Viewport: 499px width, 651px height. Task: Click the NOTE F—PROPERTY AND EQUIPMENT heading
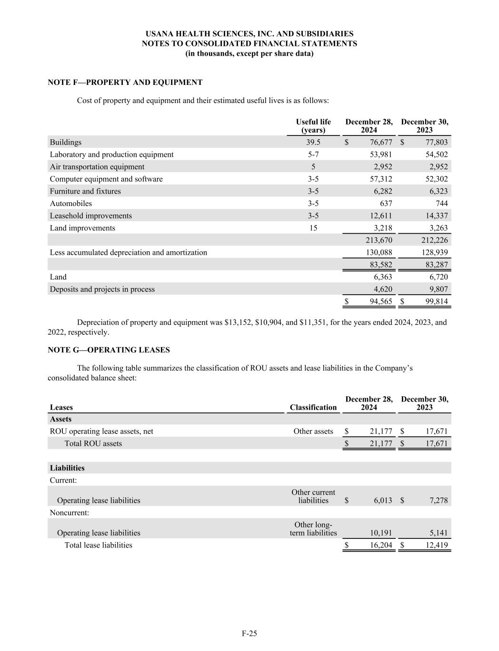[x=125, y=83]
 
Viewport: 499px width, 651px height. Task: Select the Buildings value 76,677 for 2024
[x=381, y=142]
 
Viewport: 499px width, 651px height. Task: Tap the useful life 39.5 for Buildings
[x=313, y=142]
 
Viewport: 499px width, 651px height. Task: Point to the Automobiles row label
[x=71, y=204]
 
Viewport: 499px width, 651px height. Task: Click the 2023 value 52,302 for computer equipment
[x=435, y=179]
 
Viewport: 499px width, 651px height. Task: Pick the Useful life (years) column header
[x=313, y=126]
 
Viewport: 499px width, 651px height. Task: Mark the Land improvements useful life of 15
[x=313, y=228]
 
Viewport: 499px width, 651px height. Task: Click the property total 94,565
[x=381, y=301]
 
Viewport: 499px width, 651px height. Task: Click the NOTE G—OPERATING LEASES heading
[x=109, y=350]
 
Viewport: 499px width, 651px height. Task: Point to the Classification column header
[x=313, y=407]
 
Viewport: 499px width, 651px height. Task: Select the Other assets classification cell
[x=313, y=431]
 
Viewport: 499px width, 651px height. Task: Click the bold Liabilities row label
[x=67, y=468]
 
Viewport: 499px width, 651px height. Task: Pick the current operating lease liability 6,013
[x=383, y=500]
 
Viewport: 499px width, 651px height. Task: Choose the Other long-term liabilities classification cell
[x=313, y=528]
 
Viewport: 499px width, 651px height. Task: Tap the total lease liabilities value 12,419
[x=436, y=545]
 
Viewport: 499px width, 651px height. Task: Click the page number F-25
[x=249, y=633]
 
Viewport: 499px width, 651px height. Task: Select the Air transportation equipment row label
[x=97, y=167]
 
